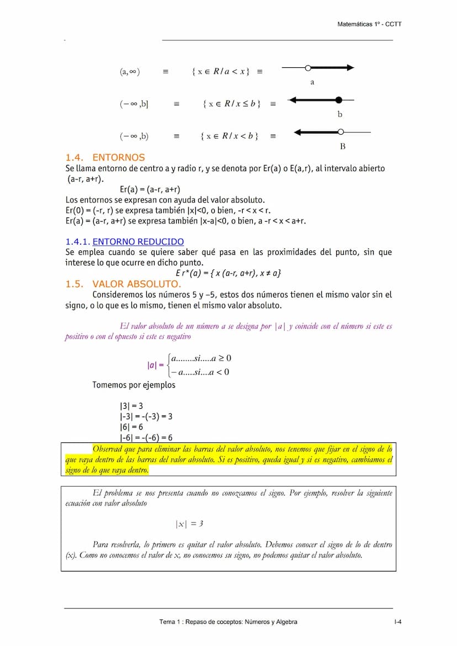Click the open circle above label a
point(308,68)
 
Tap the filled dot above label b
point(339,100)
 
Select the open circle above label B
point(341,132)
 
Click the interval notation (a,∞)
point(130,72)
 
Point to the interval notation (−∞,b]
point(134,104)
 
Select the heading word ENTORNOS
point(119,157)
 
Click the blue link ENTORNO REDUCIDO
point(138,242)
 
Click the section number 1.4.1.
point(77,242)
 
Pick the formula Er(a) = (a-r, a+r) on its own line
point(150,189)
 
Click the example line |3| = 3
point(131,406)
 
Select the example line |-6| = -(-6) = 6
point(146,437)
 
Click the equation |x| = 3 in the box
point(189,524)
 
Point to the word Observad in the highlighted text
point(109,449)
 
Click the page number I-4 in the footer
point(397,622)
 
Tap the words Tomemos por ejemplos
point(134,385)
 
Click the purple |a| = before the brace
point(155,365)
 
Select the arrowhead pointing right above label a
point(348,68)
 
